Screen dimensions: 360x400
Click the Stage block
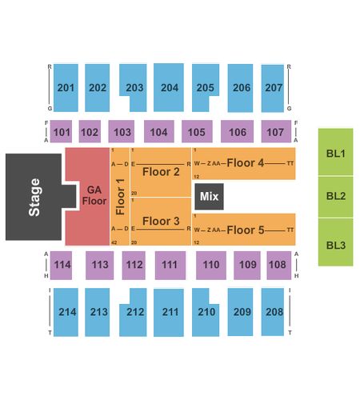pyautogui.click(x=34, y=197)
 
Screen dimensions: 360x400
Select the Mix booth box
pyautogui.click(x=210, y=197)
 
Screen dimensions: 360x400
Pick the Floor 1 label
pyautogui.click(x=121, y=197)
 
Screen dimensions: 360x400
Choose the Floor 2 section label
pyautogui.click(x=161, y=172)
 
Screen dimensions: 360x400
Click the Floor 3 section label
pyautogui.click(x=161, y=221)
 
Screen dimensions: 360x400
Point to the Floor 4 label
pyautogui.click(x=246, y=162)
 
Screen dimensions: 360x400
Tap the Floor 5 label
pyautogui.click(x=246, y=230)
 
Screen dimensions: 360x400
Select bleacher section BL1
pyautogui.click(x=336, y=152)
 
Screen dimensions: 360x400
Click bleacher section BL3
pyautogui.click(x=336, y=242)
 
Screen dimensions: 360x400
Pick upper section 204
pyautogui.click(x=169, y=87)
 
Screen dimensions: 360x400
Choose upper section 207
pyautogui.click(x=273, y=88)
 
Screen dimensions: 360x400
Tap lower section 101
pyautogui.click(x=61, y=131)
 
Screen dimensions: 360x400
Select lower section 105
pyautogui.click(x=197, y=131)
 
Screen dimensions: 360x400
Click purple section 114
pyautogui.click(x=61, y=266)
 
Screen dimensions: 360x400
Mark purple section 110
pyautogui.click(x=211, y=266)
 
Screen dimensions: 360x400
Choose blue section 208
pyautogui.click(x=273, y=312)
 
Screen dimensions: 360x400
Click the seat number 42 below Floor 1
pyautogui.click(x=114, y=242)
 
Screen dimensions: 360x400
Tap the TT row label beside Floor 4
pyautogui.click(x=290, y=163)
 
